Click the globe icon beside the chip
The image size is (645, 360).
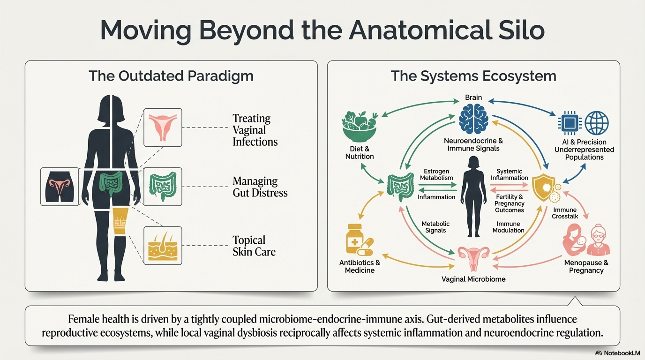pos(597,123)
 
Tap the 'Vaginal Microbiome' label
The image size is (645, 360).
pos(473,279)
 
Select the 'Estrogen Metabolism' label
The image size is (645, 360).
pos(436,174)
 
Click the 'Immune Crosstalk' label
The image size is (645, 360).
pos(565,213)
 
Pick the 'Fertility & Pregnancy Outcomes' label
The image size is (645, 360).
pos(510,203)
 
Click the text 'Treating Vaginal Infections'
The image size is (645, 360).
pos(255,130)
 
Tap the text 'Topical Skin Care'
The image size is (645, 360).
pos(254,246)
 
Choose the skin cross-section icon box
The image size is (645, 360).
pos(162,246)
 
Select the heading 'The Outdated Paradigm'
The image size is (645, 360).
pos(171,76)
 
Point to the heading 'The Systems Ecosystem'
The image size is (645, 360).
pos(473,76)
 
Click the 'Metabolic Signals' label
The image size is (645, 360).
pos(435,227)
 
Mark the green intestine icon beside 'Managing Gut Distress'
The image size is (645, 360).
pos(162,187)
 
